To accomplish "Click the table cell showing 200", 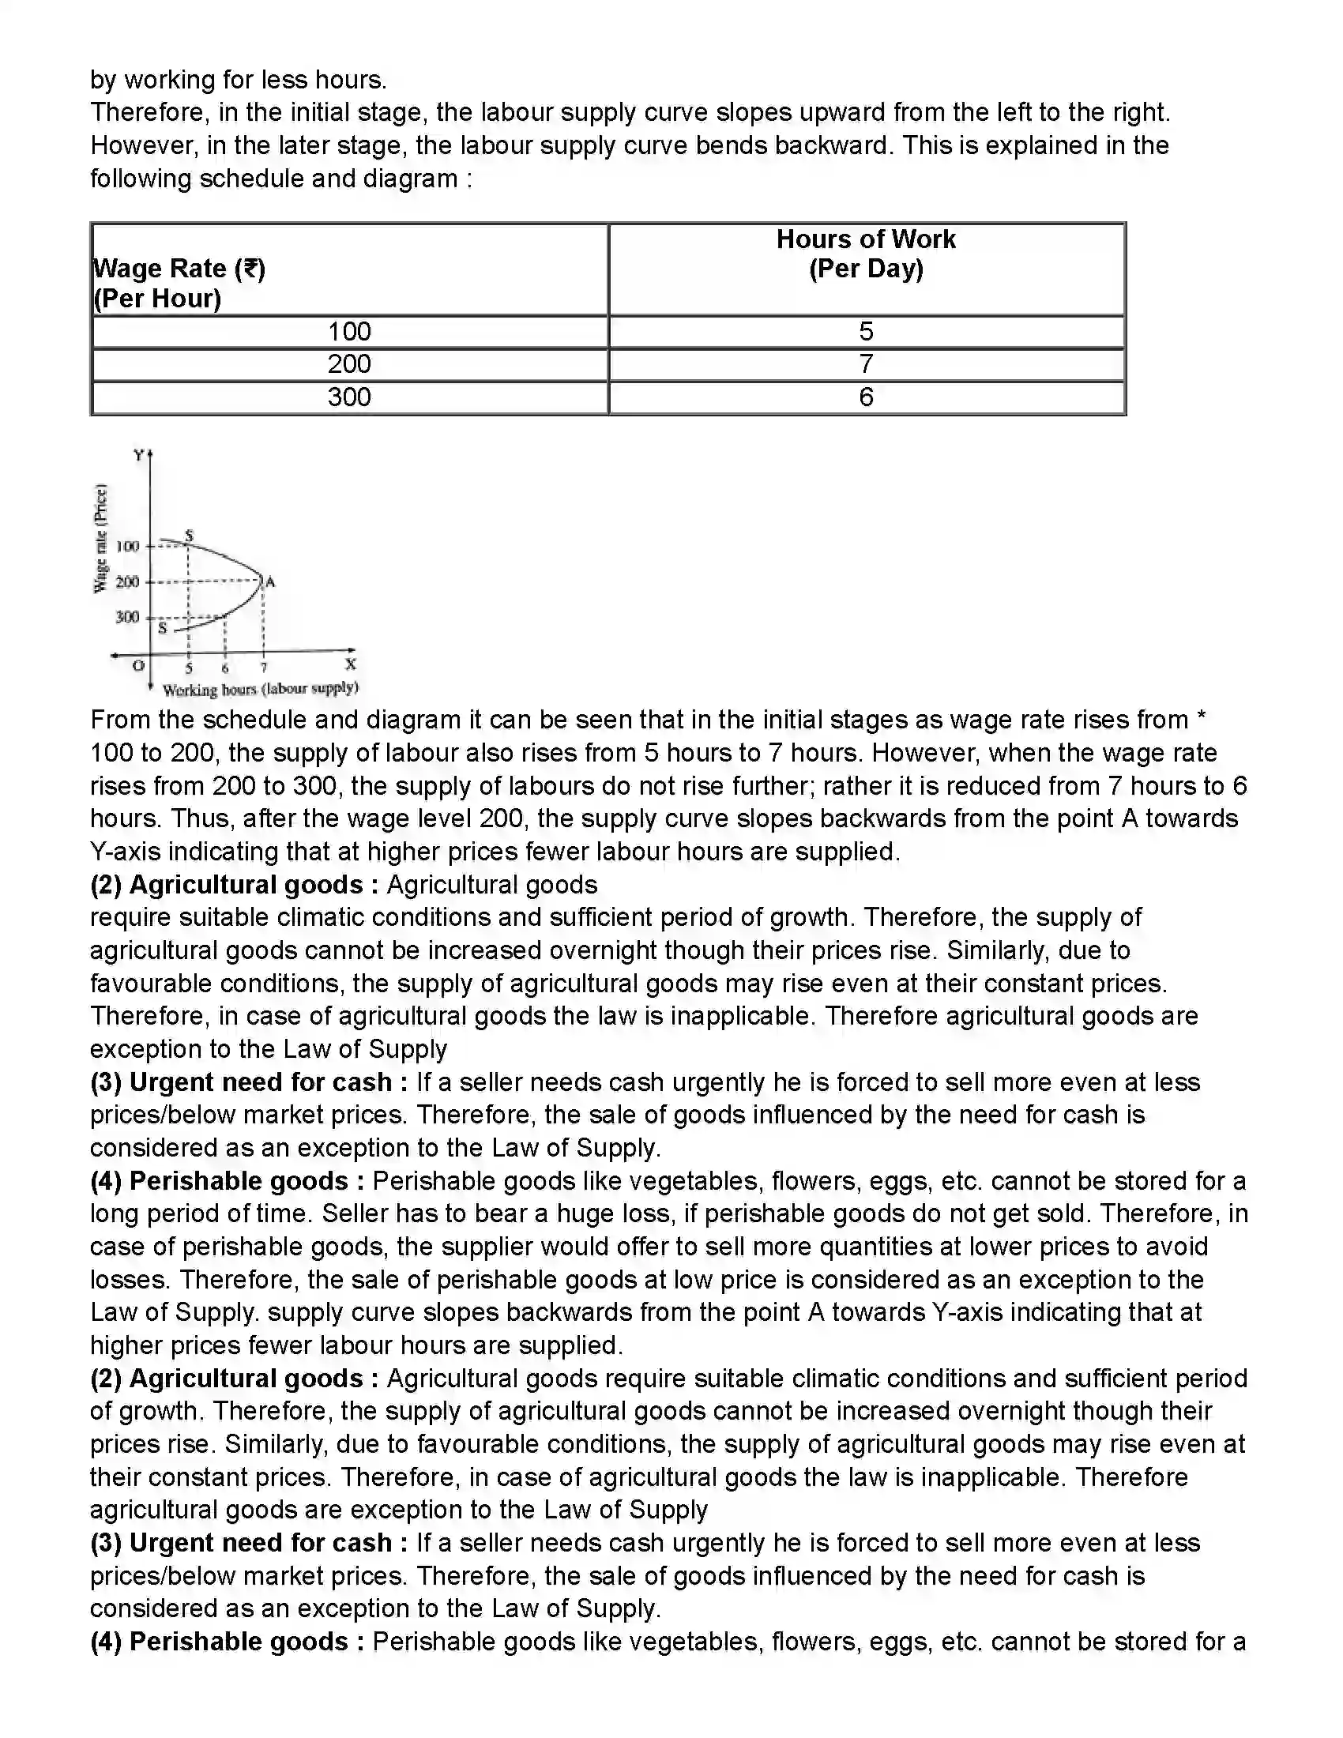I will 349,364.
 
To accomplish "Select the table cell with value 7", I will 866,364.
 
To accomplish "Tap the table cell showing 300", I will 349,397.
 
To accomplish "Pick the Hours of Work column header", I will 866,254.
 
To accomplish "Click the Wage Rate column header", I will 180,284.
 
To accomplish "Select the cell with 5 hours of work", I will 866,331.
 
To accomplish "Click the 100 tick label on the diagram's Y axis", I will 127,546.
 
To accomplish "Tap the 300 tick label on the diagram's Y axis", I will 127,617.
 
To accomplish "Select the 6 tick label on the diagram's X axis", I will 225,668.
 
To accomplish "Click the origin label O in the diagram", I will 138,665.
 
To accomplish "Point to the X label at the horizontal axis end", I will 350,664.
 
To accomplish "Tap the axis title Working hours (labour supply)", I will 260,688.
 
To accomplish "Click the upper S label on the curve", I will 190,535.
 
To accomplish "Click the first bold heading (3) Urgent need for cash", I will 248,1082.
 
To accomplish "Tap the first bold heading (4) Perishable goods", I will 227,1181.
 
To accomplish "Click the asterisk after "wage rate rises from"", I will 1202,720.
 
